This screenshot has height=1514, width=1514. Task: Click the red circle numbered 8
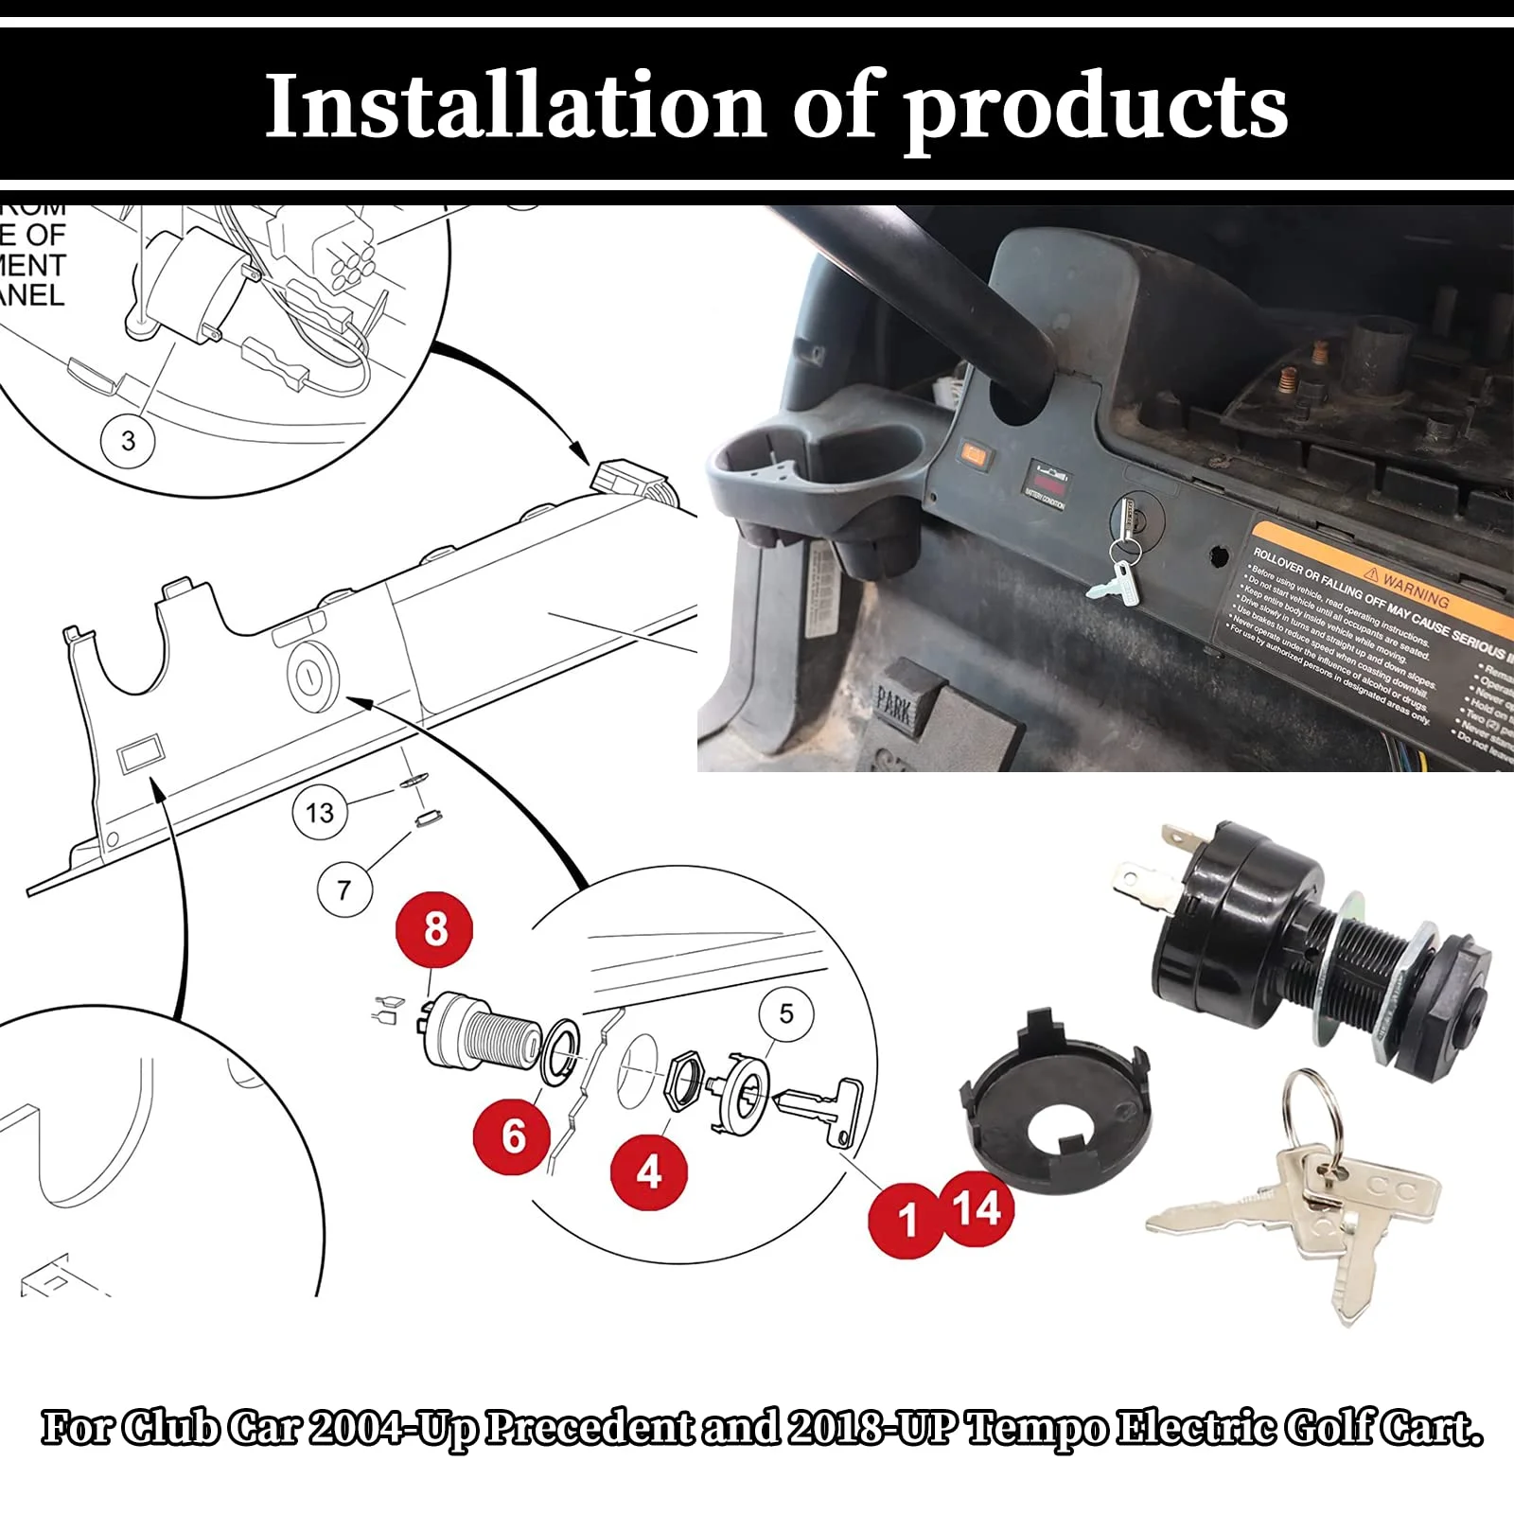pyautogui.click(x=435, y=928)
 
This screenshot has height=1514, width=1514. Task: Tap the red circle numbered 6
pyautogui.click(x=512, y=1135)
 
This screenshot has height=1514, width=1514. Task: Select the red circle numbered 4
pyautogui.click(x=649, y=1171)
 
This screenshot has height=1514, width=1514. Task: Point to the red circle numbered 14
pyautogui.click(x=977, y=1208)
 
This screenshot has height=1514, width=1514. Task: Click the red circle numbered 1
pyautogui.click(x=906, y=1220)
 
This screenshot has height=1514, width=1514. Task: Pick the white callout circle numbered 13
pyautogui.click(x=320, y=812)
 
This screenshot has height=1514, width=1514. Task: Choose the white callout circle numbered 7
pyautogui.click(x=343, y=889)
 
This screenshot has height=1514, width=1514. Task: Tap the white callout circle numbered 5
pyautogui.click(x=786, y=1013)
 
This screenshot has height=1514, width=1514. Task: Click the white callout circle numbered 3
pyautogui.click(x=129, y=440)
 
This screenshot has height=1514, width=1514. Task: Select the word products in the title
pyautogui.click(x=1096, y=106)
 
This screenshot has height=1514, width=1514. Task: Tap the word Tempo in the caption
pyautogui.click(x=1036, y=1430)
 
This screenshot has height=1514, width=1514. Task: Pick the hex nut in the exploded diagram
pyautogui.click(x=684, y=1083)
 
